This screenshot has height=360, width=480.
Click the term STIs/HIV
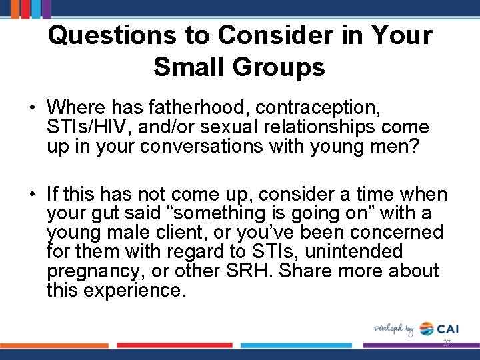click(x=79, y=126)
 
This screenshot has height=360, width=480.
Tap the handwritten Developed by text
click(x=394, y=329)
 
